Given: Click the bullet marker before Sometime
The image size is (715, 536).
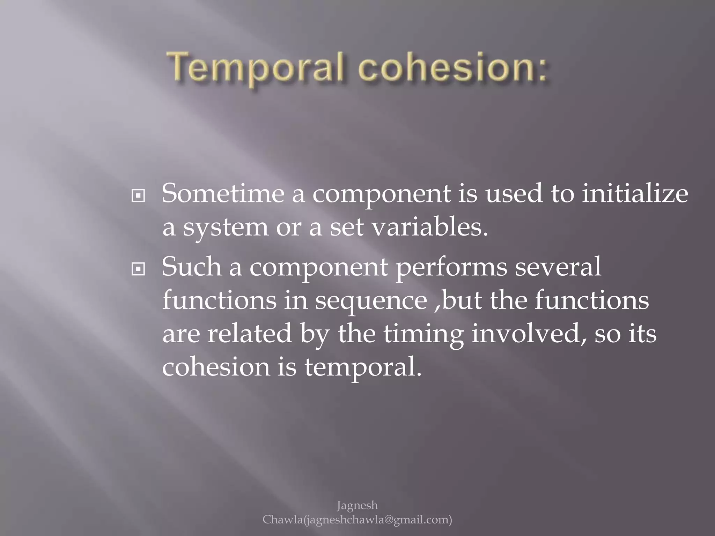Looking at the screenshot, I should tap(138, 196).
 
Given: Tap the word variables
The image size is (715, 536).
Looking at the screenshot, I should tap(429, 227).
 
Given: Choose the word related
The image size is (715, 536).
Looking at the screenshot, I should tap(249, 333).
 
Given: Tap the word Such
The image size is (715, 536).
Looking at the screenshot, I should tap(192, 267).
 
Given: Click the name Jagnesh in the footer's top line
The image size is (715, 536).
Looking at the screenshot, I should tap(357, 506).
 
